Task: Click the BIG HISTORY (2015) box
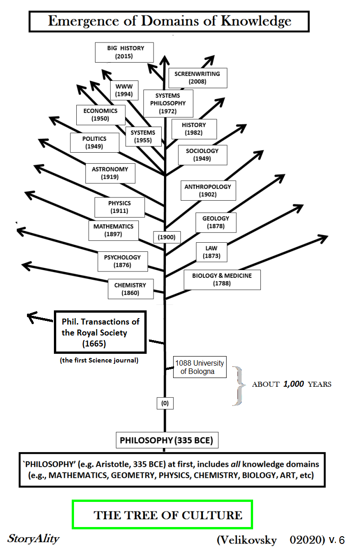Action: coord(124,52)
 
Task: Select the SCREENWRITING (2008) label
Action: coord(197,78)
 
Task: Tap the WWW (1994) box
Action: coord(124,90)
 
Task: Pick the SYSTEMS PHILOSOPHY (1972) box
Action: coord(168,103)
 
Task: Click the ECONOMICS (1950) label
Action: coord(101,114)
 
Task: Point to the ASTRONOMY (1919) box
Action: coord(110,173)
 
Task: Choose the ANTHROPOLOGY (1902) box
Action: coord(208,190)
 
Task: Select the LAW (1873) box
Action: coord(212,252)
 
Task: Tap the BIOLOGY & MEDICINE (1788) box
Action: coord(222,279)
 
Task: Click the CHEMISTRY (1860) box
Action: coord(130,289)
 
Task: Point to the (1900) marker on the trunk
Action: coord(167,237)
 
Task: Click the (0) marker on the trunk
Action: coord(165,403)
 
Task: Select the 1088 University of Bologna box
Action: coord(200,367)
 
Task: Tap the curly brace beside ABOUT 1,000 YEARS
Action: coord(237,385)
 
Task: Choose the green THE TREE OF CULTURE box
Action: coord(162,515)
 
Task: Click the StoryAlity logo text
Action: coord(33,538)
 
